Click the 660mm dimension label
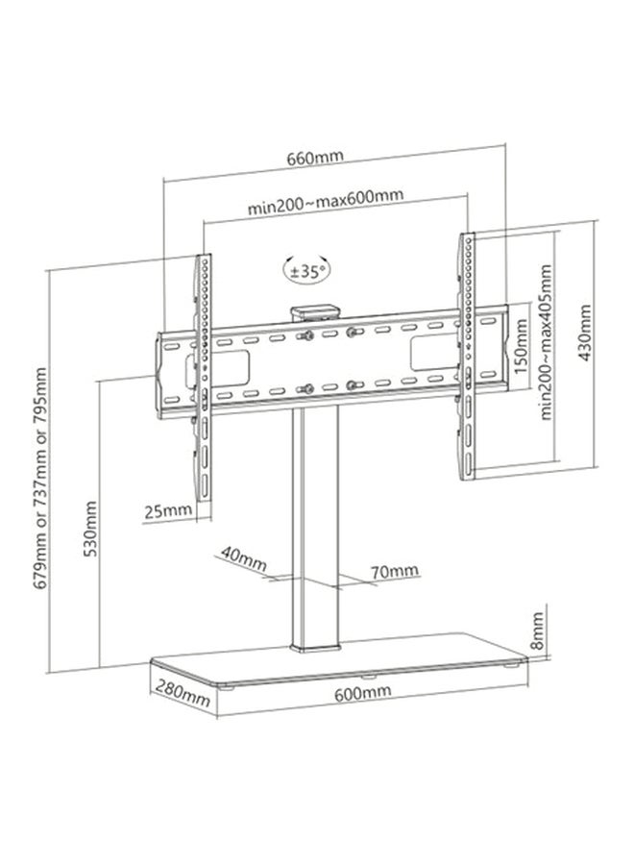point(315,158)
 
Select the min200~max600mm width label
point(326,202)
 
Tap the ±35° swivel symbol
point(307,271)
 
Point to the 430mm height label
point(584,333)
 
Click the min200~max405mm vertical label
point(546,342)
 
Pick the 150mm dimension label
point(521,346)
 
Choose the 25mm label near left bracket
point(168,511)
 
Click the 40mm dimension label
point(244,558)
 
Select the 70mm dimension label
point(394,570)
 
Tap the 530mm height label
point(90,529)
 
